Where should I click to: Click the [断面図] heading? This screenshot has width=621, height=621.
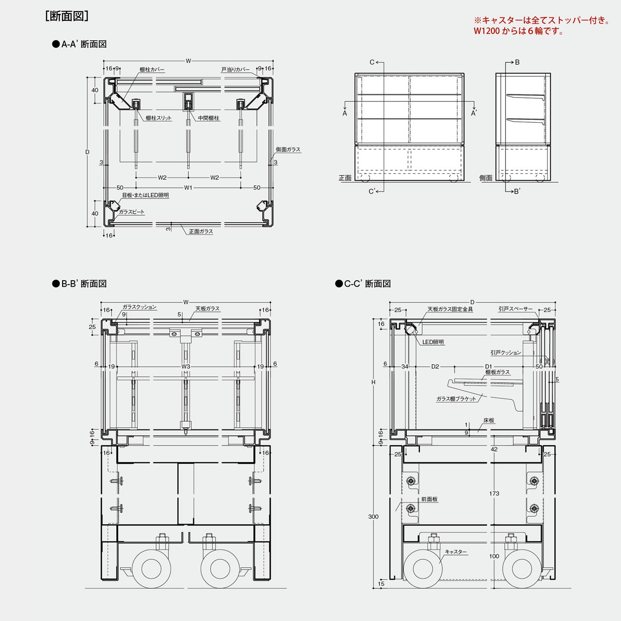(67, 16)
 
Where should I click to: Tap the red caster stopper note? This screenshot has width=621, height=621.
(542, 26)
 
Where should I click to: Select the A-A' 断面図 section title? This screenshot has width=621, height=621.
(79, 44)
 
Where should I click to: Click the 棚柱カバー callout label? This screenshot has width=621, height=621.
(152, 70)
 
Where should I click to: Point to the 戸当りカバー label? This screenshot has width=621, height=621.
(235, 70)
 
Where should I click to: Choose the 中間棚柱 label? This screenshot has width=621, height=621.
(209, 118)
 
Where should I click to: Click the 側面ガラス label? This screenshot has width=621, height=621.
(288, 150)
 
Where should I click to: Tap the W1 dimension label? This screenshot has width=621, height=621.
(188, 188)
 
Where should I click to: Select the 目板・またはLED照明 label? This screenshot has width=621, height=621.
(146, 195)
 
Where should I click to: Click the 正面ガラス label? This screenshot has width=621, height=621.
(201, 232)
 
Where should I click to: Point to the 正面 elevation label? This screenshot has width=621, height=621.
(345, 178)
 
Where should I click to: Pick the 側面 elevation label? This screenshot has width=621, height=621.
(486, 178)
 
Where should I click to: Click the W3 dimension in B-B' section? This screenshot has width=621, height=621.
(186, 367)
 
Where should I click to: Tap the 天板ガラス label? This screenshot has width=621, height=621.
(208, 309)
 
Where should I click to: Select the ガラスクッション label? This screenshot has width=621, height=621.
(140, 307)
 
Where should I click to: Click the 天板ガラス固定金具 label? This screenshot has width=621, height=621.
(450, 310)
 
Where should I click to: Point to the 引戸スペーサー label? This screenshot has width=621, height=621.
(516, 309)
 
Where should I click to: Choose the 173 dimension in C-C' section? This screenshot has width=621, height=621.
(494, 493)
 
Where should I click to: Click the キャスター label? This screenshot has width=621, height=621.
(456, 552)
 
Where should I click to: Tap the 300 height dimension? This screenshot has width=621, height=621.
(373, 517)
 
